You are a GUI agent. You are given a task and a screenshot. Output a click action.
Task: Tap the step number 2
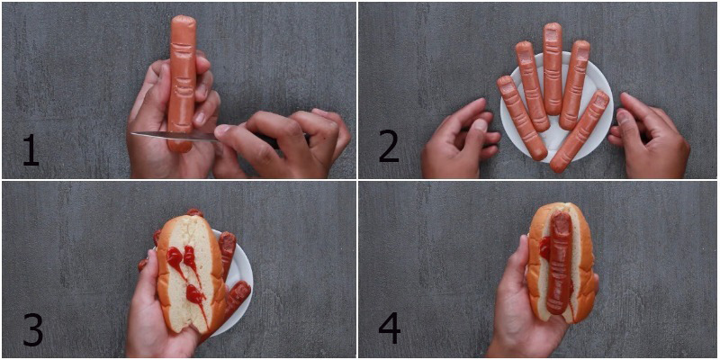pos(389,147)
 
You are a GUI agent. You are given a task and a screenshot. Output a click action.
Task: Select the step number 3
pos(32,329)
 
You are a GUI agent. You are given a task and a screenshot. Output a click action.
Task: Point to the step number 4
pos(390,329)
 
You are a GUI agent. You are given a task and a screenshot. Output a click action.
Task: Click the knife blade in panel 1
pos(175,135)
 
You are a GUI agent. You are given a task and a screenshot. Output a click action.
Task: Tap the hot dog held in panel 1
pos(182,83)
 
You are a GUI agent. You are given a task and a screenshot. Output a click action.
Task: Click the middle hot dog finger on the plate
pos(553,69)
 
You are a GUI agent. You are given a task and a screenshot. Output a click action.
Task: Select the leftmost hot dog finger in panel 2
pos(522,118)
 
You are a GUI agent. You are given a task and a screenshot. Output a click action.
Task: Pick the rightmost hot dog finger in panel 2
pos(580,131)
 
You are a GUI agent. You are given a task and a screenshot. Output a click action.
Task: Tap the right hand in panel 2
pos(650,137)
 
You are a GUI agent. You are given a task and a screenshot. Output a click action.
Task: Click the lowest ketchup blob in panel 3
pos(195,294)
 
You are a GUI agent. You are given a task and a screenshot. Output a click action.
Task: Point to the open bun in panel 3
pos(192,274)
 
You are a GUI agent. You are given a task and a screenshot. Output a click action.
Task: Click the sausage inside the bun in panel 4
pos(559,263)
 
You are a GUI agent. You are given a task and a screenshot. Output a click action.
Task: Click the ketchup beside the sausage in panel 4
pos(544,247)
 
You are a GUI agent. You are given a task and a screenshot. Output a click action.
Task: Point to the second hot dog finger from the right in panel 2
pos(574,85)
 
